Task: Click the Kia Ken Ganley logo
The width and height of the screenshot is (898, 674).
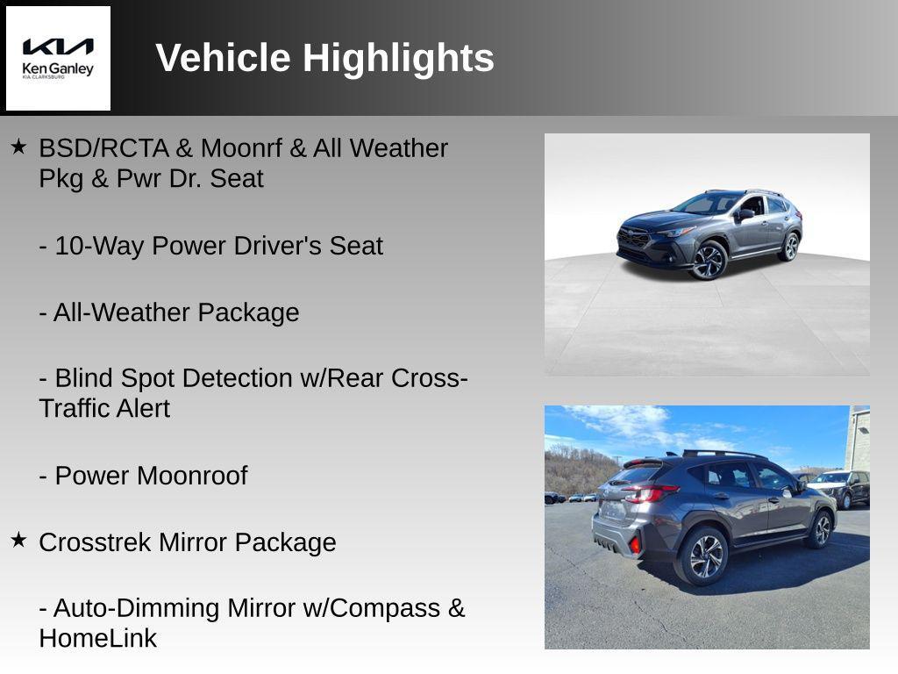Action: pyautogui.click(x=58, y=58)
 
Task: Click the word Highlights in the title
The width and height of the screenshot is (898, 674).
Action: pyautogui.click(x=398, y=58)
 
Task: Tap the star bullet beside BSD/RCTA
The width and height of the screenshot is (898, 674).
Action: pyautogui.click(x=18, y=147)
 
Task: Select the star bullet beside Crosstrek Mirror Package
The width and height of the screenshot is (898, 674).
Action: pyautogui.click(x=18, y=540)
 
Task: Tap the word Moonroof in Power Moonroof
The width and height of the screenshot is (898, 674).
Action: pyautogui.click(x=193, y=476)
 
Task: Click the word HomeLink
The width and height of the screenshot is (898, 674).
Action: pyautogui.click(x=97, y=639)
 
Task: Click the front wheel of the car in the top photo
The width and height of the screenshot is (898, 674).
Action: pyautogui.click(x=709, y=260)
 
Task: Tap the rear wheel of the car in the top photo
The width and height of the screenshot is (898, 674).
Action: pyautogui.click(x=791, y=246)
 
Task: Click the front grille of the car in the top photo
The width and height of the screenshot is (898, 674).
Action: pyautogui.click(x=634, y=236)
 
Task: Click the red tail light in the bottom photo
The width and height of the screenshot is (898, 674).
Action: pyautogui.click(x=651, y=492)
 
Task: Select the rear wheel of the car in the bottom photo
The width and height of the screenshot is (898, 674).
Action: pyautogui.click(x=705, y=555)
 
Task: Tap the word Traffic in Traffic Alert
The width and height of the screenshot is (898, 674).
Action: pyautogui.click(x=73, y=409)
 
